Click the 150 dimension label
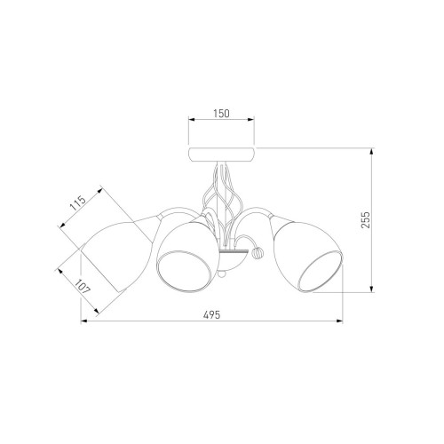point(221,114)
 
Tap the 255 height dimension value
point(366,219)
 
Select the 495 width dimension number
point(212,314)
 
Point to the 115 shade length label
point(78,202)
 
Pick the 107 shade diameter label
point(82,287)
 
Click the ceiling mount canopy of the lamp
point(221,154)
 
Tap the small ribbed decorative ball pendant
point(257,253)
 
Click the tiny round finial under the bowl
point(221,274)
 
